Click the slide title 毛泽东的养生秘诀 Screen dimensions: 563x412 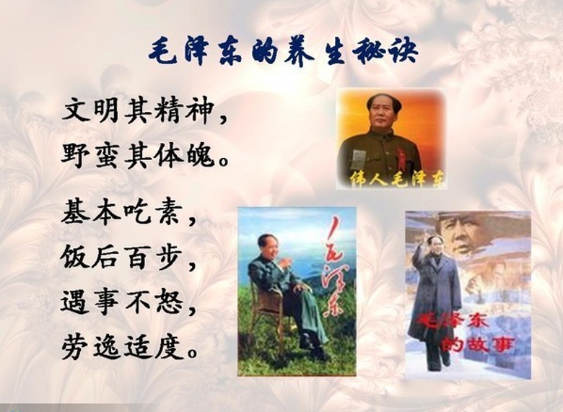(x=283, y=53)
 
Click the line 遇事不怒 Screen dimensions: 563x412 (x=121, y=302)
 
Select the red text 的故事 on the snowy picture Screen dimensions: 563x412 (x=478, y=344)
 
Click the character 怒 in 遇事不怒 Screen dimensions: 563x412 (x=168, y=302)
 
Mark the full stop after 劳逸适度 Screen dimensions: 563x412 (x=193, y=354)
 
